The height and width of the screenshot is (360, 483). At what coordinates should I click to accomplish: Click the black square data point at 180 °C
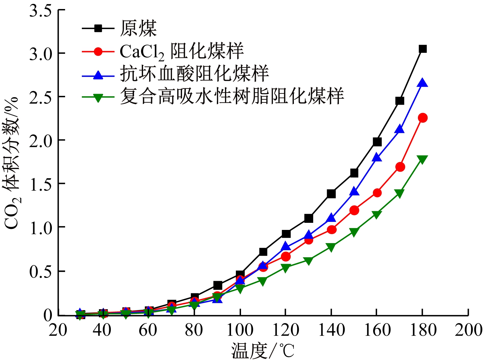pyautogui.click(x=422, y=49)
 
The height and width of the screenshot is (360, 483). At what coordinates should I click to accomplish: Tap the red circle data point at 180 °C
pyautogui.click(x=422, y=118)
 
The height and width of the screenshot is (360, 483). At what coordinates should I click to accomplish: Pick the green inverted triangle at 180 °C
pyautogui.click(x=422, y=159)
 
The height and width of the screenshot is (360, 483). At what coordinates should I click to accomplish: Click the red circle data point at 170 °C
pyautogui.click(x=400, y=167)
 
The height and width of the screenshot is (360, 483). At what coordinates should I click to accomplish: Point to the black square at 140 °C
pyautogui.click(x=331, y=194)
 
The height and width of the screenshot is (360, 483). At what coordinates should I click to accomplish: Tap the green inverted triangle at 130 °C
pyautogui.click(x=308, y=261)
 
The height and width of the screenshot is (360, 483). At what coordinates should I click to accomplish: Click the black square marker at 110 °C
pyautogui.click(x=263, y=251)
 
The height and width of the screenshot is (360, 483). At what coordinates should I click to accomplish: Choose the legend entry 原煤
pyautogui.click(x=138, y=28)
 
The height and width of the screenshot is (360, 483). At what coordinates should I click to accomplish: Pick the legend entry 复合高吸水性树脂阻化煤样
pyautogui.click(x=231, y=96)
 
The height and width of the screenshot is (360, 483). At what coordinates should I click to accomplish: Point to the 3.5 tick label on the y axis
pyautogui.click(x=41, y=11)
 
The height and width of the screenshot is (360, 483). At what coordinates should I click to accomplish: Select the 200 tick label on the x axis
pyautogui.click(x=468, y=330)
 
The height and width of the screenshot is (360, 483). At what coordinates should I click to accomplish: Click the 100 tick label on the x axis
pyautogui.click(x=240, y=330)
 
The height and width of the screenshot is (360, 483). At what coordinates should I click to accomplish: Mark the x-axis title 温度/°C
pyautogui.click(x=263, y=350)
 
